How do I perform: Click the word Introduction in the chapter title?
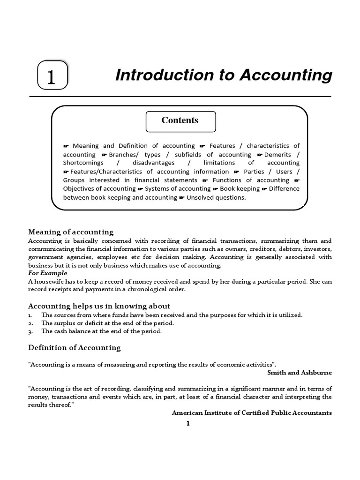(x=158, y=75)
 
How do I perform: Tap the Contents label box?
(x=180, y=121)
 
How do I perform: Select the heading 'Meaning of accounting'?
(x=71, y=232)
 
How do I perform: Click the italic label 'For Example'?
(x=47, y=273)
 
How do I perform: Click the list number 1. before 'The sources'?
(x=30, y=315)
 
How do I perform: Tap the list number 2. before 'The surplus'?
(x=30, y=323)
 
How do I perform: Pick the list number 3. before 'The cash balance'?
(x=30, y=331)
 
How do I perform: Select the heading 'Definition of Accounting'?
(x=75, y=347)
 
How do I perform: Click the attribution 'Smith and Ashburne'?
(x=299, y=372)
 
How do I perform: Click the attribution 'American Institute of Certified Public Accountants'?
(x=252, y=412)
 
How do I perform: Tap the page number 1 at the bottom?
(x=188, y=423)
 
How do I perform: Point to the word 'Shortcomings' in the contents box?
(x=82, y=163)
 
